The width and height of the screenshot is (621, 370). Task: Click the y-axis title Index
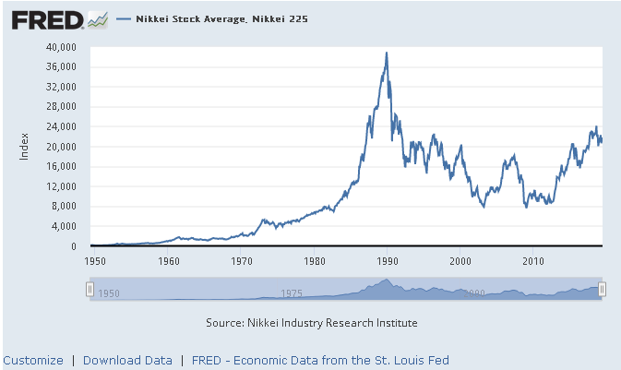click(25, 147)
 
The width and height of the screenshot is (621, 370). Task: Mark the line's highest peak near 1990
click(386, 53)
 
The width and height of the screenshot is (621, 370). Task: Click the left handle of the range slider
click(90, 290)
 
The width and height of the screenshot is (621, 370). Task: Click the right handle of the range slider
click(602, 290)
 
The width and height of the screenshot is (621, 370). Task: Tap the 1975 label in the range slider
click(293, 293)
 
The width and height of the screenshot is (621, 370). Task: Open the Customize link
click(33, 360)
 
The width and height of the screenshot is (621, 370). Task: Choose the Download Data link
click(127, 360)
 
